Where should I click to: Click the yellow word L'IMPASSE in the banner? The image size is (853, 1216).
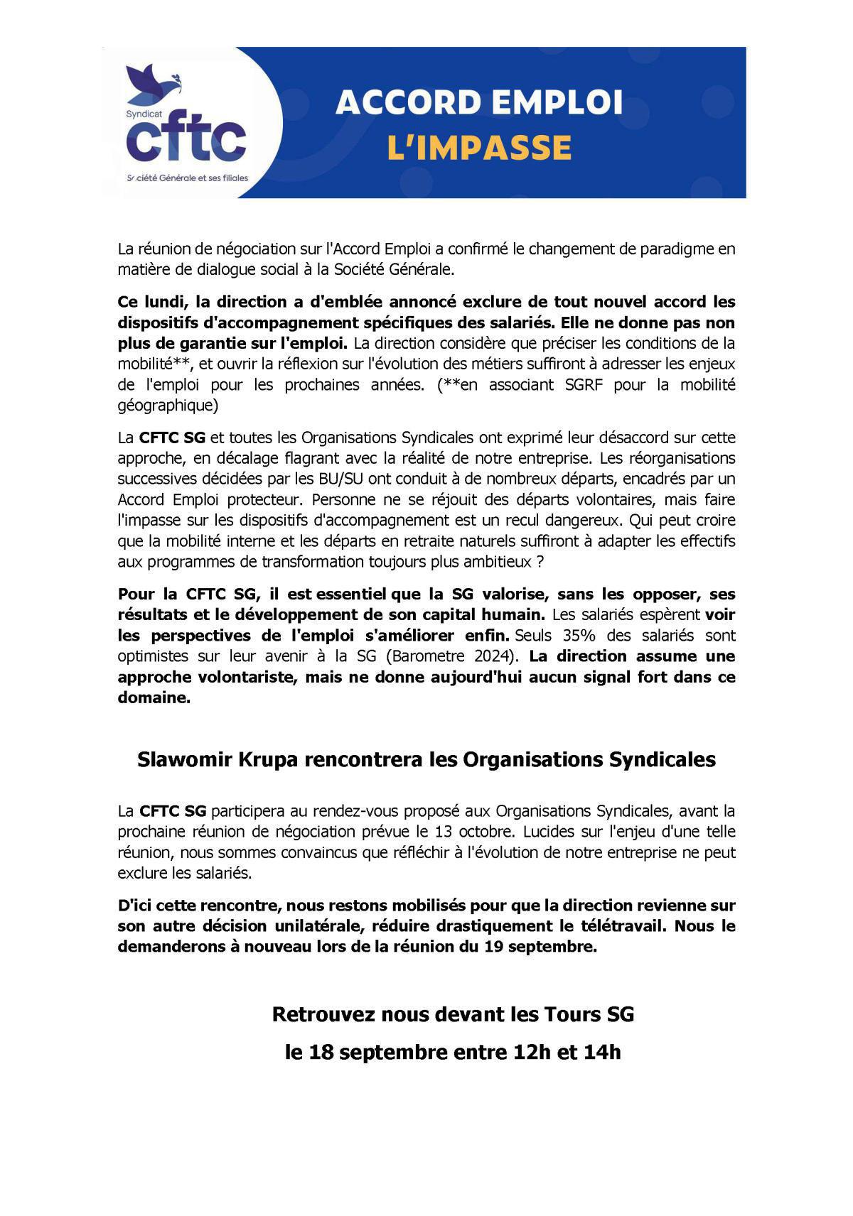point(479,148)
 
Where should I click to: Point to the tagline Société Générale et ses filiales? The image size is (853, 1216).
point(187,178)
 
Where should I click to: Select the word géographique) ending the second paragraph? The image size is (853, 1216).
point(168,406)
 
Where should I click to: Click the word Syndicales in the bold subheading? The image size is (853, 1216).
point(662,760)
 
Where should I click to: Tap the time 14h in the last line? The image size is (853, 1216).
point(601,1052)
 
